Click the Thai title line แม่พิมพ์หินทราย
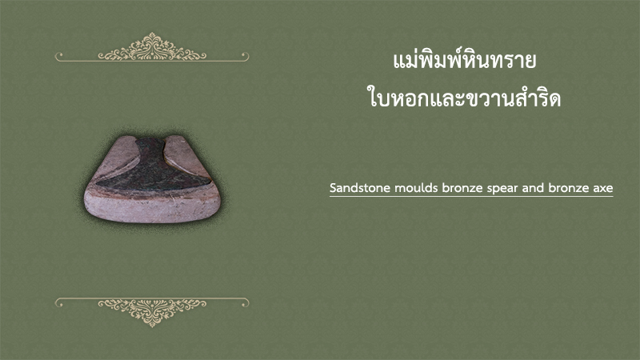465,61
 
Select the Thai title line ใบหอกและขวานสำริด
464,98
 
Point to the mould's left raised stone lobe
118,157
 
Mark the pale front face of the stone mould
152,207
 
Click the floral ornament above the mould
152,47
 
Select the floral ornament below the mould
152,312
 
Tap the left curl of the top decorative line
59,56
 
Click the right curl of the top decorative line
245,56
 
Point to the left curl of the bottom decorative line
59,302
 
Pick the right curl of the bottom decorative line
245,302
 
